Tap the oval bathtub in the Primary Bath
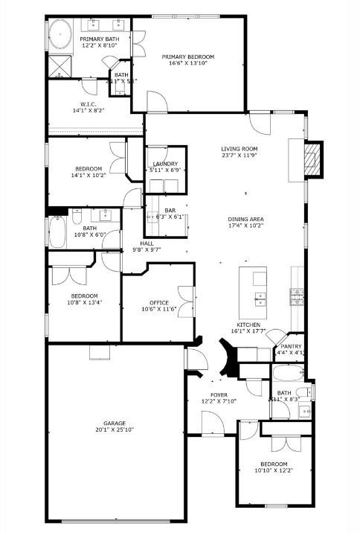click(60, 35)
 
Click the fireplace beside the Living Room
click(315, 159)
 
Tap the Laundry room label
click(164, 164)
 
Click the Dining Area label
click(246, 219)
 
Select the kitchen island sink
click(260, 299)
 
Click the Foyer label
click(218, 395)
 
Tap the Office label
click(159, 302)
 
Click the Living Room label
click(239, 149)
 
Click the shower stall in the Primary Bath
click(59, 66)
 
